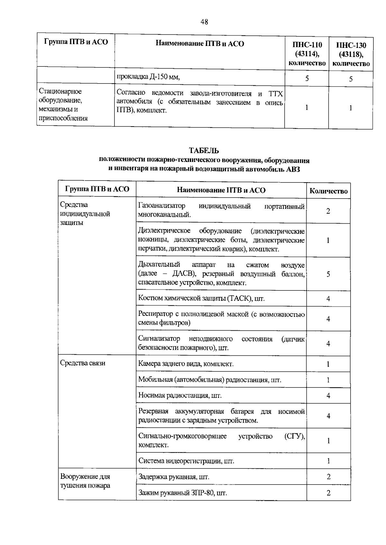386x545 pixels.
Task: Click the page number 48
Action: tap(204, 22)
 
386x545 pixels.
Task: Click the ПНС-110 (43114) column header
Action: tap(307, 54)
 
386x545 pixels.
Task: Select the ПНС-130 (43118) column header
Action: tap(351, 54)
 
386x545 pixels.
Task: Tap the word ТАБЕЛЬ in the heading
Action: tap(204, 150)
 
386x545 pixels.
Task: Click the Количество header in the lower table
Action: tap(328, 191)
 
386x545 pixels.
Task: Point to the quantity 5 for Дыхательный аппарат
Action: tap(328, 274)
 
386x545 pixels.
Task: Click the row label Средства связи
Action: tap(83, 363)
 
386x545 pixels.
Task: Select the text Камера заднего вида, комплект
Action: tap(186, 364)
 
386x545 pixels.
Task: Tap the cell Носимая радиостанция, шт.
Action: tap(180, 395)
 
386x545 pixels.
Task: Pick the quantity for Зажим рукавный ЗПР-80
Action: tap(328, 493)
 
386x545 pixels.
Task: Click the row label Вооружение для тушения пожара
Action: tap(85, 481)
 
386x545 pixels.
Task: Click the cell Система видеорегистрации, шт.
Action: tap(186, 461)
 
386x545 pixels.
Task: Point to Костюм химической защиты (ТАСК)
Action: tap(201, 299)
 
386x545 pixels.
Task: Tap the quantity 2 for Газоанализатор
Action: tap(328, 211)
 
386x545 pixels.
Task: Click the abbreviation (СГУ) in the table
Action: tap(295, 436)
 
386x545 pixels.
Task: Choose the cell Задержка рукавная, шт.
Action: tap(174, 477)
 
